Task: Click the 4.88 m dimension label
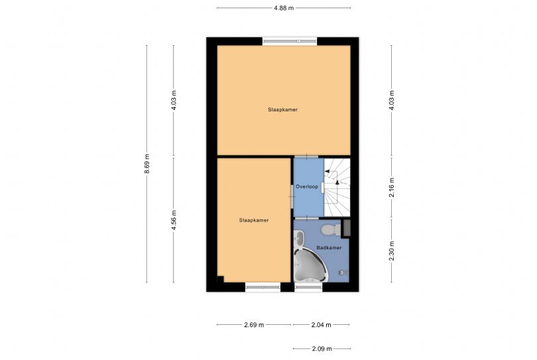click(x=284, y=8)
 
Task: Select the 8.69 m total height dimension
click(x=147, y=163)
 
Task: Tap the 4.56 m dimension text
click(x=174, y=220)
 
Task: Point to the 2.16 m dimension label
click(x=392, y=187)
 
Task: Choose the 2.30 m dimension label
click(x=392, y=251)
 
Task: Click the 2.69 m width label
click(x=254, y=325)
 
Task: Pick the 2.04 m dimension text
click(x=322, y=325)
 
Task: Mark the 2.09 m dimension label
click(x=322, y=349)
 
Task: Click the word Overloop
click(x=307, y=187)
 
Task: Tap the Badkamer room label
click(x=329, y=247)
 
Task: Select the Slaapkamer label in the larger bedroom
click(x=282, y=109)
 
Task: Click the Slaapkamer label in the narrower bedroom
click(x=254, y=220)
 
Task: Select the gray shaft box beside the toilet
click(x=347, y=228)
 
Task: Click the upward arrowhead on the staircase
click(x=337, y=182)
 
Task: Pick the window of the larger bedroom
click(x=290, y=41)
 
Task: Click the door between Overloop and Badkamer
click(x=307, y=218)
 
